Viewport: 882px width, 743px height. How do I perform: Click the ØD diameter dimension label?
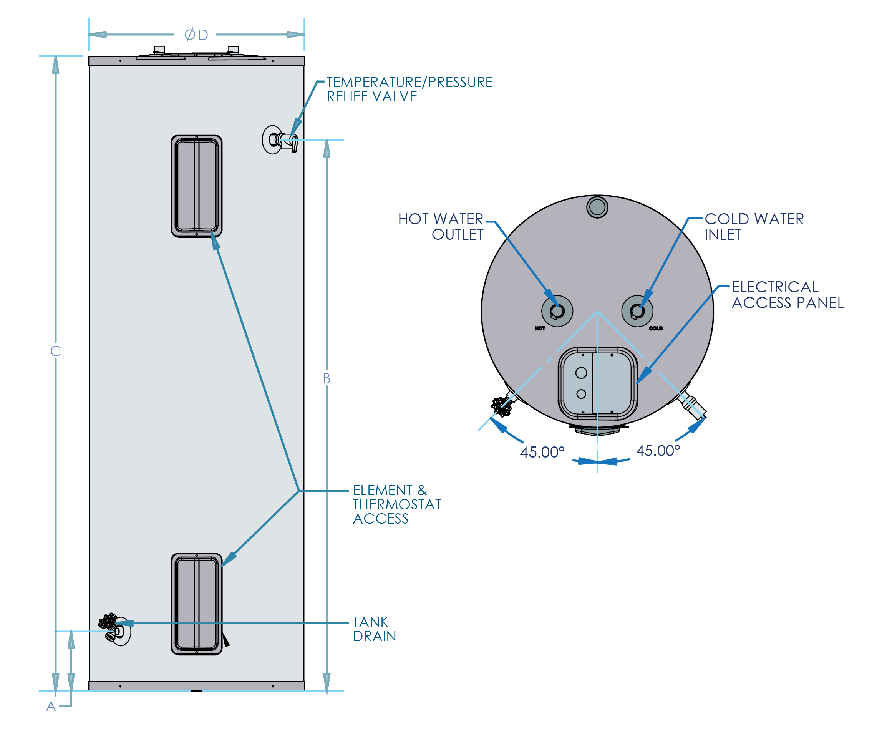196,35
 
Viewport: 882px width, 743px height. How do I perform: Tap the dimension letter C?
56,351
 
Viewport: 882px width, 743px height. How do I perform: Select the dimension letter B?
327,378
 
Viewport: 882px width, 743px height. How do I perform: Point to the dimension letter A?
51,706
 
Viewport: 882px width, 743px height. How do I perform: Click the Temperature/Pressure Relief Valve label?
409,89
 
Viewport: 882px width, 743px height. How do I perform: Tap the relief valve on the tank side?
280,140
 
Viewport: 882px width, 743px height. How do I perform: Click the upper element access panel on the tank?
196,186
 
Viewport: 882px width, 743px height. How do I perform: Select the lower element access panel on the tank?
196,604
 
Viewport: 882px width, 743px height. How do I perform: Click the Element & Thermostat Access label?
397,504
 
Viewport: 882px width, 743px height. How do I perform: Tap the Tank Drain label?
374,629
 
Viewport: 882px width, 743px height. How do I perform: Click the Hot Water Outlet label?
441,227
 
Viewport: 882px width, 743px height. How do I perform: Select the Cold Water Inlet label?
754,227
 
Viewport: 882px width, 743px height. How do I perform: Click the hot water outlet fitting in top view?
557,311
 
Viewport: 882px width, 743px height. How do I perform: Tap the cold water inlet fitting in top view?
637,311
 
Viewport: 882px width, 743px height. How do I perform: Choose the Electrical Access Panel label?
787,295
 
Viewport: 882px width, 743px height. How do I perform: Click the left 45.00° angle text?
542,452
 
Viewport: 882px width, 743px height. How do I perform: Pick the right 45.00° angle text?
658,451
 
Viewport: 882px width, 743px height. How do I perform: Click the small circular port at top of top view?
597,207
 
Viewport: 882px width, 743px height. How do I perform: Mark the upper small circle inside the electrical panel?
581,373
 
